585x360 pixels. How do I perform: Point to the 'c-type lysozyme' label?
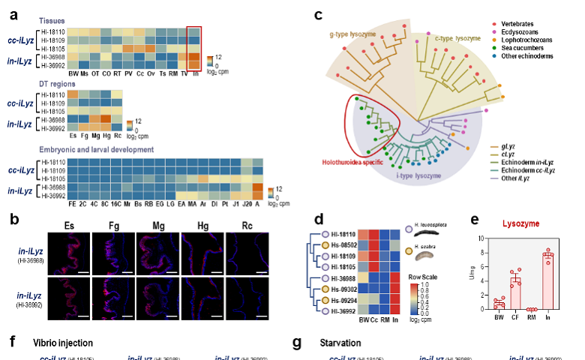click(458, 37)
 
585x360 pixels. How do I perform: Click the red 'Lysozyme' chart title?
click(525, 223)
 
